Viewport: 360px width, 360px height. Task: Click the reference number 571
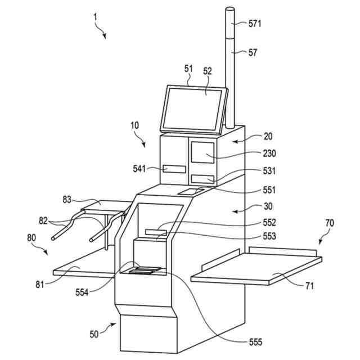[255, 24]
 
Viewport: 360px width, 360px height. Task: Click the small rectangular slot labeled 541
[174, 169]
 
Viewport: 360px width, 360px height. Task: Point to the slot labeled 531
[203, 179]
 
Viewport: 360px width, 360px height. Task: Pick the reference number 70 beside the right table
[329, 223]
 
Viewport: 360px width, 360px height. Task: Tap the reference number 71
[309, 286]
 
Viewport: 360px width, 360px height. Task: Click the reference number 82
[43, 220]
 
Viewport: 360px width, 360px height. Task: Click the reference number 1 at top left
[96, 17]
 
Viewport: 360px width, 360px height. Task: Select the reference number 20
[268, 137]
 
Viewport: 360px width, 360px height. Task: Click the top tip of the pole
[230, 8]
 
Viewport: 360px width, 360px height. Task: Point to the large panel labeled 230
[202, 154]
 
